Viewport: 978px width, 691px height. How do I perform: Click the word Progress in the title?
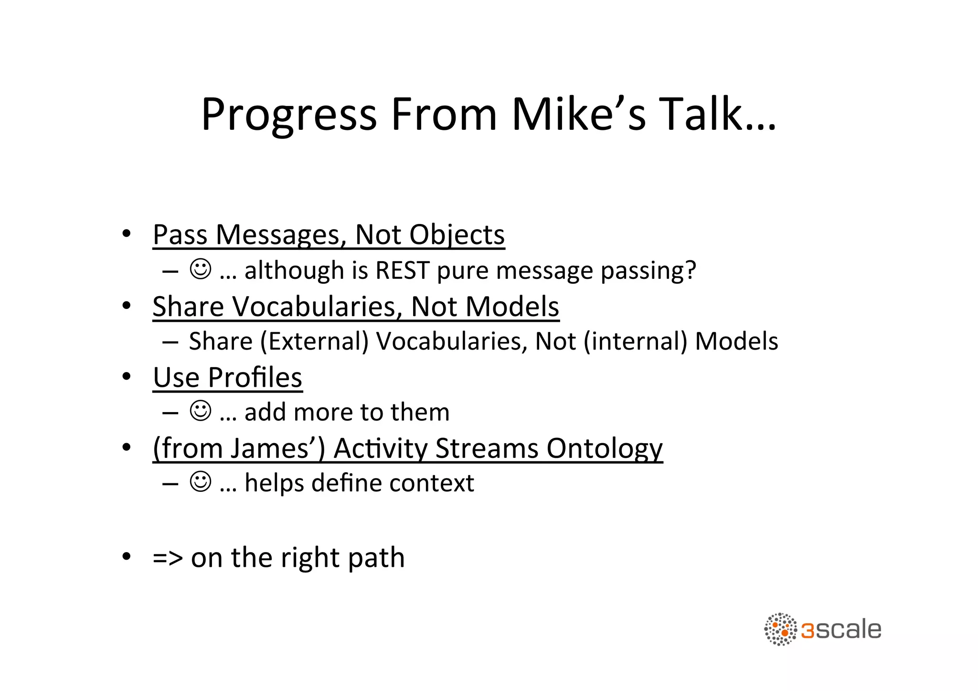click(x=288, y=115)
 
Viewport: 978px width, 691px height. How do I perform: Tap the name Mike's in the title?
click(x=578, y=115)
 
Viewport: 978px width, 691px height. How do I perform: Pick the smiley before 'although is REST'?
click(x=200, y=269)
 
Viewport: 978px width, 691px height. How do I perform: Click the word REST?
click(x=402, y=270)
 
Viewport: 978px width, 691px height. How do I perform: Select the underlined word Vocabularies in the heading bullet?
click(x=317, y=306)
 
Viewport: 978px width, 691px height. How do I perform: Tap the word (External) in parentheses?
click(x=314, y=341)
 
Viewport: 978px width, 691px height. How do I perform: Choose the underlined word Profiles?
click(x=255, y=378)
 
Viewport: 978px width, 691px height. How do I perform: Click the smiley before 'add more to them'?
click(x=200, y=411)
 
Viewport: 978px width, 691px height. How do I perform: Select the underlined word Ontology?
click(x=605, y=448)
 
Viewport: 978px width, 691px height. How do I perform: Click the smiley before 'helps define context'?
click(x=200, y=481)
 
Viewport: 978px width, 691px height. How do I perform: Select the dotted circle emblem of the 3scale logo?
click(x=780, y=629)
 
